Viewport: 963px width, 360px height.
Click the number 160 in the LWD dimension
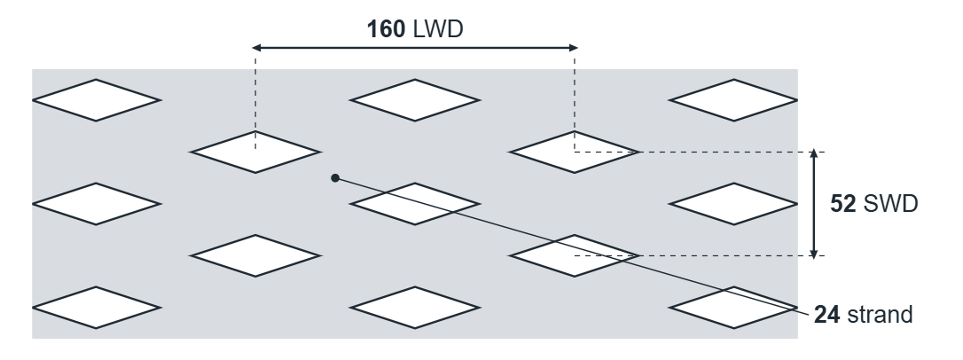pyautogui.click(x=386, y=29)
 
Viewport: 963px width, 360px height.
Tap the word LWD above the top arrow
pyautogui.click(x=438, y=29)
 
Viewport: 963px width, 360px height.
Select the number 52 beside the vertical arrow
pyautogui.click(x=842, y=203)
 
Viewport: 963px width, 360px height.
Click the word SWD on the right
pyautogui.click(x=890, y=203)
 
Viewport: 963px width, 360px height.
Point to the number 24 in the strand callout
pyautogui.click(x=826, y=315)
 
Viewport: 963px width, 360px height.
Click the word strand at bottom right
pyautogui.click(x=880, y=315)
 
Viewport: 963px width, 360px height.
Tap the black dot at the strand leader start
pyautogui.click(x=335, y=178)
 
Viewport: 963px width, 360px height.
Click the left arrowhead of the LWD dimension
pyautogui.click(x=257, y=47)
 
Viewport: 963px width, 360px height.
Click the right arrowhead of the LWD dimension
pyautogui.click(x=573, y=47)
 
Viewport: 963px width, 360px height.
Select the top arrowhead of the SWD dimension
pyautogui.click(x=814, y=153)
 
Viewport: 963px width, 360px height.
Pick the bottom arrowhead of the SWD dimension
pyautogui.click(x=814, y=254)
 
